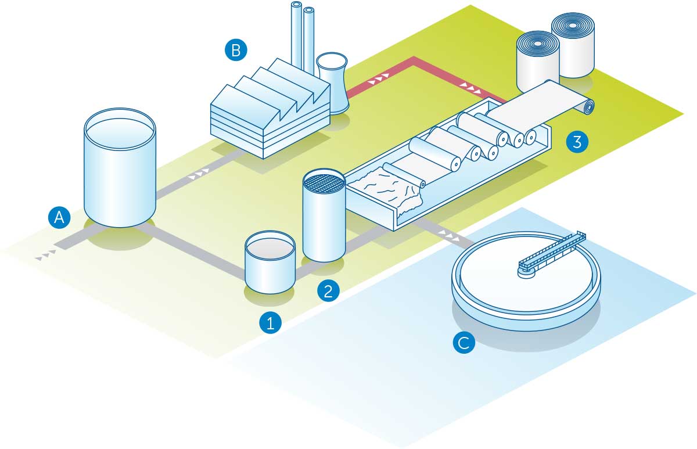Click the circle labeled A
59,218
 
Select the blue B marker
236,51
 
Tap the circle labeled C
464,343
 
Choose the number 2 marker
328,290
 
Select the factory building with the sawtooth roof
267,113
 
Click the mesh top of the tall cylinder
325,182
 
